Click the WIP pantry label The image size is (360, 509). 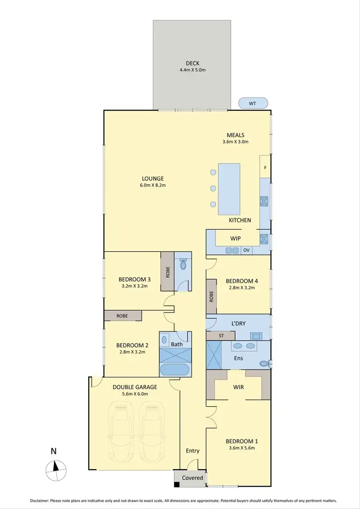pos(235,238)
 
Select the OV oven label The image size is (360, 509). pos(246,250)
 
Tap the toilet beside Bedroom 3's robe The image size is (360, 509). pos(183,265)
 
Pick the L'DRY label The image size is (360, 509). pos(238,323)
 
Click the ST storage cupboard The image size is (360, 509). pos(221,335)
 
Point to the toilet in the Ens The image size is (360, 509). pos(264,364)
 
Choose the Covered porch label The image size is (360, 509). pos(192,478)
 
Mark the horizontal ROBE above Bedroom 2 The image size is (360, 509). pos(123,316)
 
